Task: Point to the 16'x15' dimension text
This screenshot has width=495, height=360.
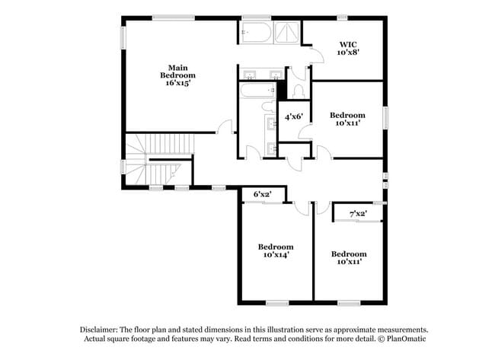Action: point(178,83)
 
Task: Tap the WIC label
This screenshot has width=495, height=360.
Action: point(348,43)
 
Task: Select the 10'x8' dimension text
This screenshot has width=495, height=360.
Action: point(348,53)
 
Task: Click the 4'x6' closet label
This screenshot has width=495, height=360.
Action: point(294,116)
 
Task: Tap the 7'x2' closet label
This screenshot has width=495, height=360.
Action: point(358,214)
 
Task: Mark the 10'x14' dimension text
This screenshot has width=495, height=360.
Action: point(276,256)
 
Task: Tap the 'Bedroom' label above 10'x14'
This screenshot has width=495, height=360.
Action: point(276,247)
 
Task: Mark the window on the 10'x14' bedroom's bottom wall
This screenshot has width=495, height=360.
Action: point(276,302)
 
